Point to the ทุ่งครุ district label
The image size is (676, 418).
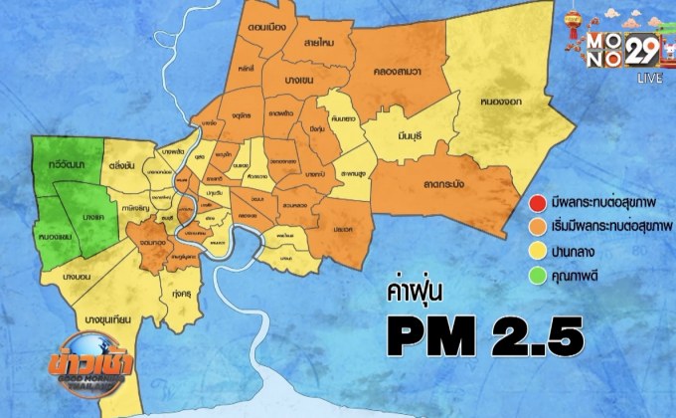tap(181, 295)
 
